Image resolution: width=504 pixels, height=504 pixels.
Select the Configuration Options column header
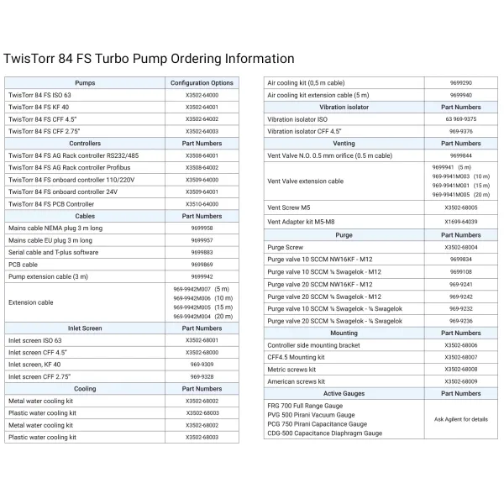click(202, 84)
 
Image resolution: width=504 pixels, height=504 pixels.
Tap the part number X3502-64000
click(202, 96)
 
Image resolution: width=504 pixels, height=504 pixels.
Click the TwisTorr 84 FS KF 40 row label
click(39, 108)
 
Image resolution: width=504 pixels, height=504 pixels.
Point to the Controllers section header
click(85, 144)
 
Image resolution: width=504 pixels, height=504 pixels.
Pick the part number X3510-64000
click(202, 204)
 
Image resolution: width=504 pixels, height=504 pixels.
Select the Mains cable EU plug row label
click(50, 240)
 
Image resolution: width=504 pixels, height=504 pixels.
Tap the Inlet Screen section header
click(85, 328)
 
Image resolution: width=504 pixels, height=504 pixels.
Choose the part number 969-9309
click(202, 365)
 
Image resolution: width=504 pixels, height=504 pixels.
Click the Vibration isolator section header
click(344, 108)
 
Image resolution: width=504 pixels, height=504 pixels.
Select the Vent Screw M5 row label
click(288, 207)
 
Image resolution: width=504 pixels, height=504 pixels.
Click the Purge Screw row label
click(286, 248)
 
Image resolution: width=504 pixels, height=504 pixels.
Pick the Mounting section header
click(344, 333)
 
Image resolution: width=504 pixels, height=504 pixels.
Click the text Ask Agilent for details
click(461, 418)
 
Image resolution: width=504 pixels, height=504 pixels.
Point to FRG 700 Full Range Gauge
click(305, 406)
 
